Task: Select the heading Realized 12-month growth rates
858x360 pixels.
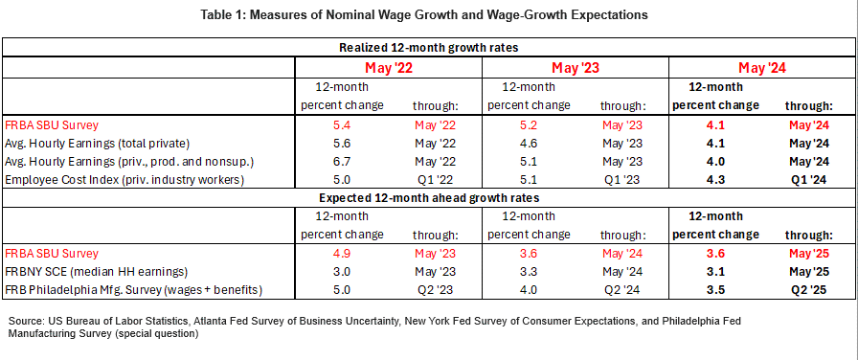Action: coord(428,48)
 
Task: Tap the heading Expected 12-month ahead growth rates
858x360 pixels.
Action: coord(428,198)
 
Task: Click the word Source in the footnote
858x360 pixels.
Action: coord(29,321)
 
